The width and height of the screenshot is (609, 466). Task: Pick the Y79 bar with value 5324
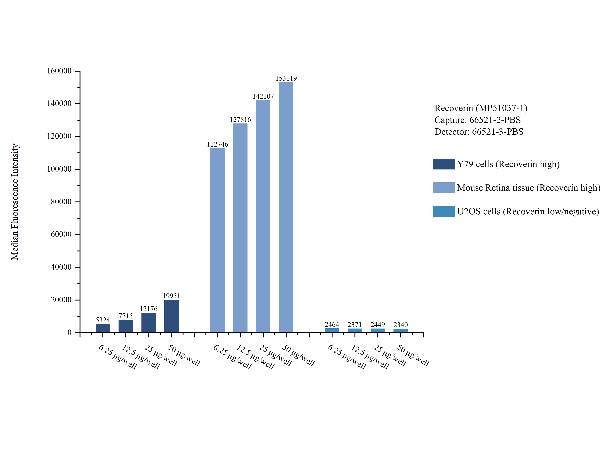pos(103,328)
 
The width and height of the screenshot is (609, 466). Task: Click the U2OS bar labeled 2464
pos(332,330)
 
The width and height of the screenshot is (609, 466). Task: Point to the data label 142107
pos(263,96)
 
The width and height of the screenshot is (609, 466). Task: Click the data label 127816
pos(240,119)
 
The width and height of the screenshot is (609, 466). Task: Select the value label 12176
pos(148,309)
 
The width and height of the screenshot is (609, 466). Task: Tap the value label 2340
pos(401,325)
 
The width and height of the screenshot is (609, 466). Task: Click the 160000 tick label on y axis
pos(59,71)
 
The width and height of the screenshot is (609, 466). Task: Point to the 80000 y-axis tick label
pos(61,202)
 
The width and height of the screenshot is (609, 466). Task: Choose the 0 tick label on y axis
pos(69,332)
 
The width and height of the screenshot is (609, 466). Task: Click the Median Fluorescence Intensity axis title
pos(15,202)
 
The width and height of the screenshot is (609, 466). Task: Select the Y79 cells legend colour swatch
pos(444,164)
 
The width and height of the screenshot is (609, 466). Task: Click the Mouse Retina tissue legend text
pos(529,188)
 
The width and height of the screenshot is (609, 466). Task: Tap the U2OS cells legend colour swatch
pos(444,211)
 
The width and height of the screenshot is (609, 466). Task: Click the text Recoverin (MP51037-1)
pos(481,108)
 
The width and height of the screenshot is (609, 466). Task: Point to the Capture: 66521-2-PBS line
pos(477,120)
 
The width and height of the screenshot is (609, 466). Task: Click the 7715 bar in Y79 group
pos(126,326)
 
